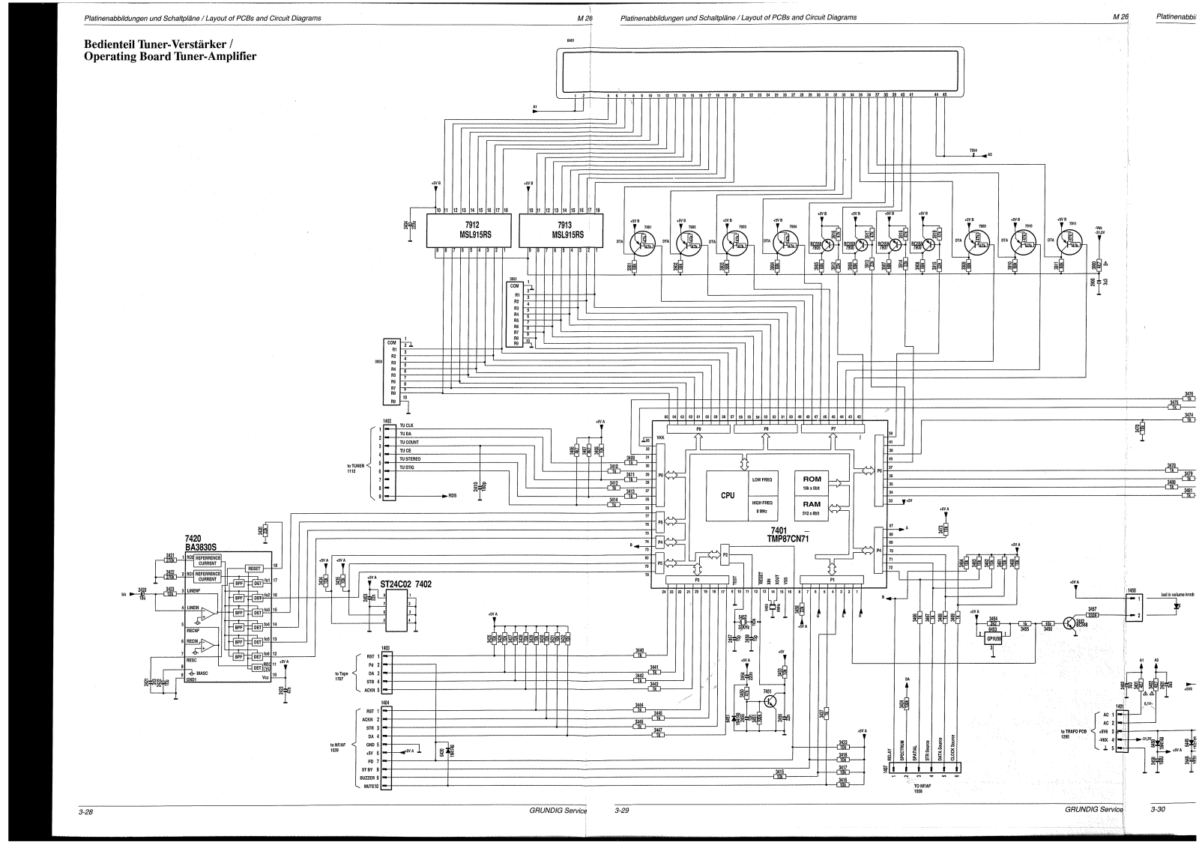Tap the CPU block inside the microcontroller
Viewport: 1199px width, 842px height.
(727, 495)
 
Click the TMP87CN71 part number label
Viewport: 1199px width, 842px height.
(785, 539)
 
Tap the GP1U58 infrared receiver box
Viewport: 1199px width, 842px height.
(994, 639)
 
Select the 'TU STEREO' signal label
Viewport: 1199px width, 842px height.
(410, 458)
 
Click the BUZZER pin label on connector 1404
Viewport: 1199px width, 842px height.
(366, 778)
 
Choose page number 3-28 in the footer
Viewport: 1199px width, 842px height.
(78, 811)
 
